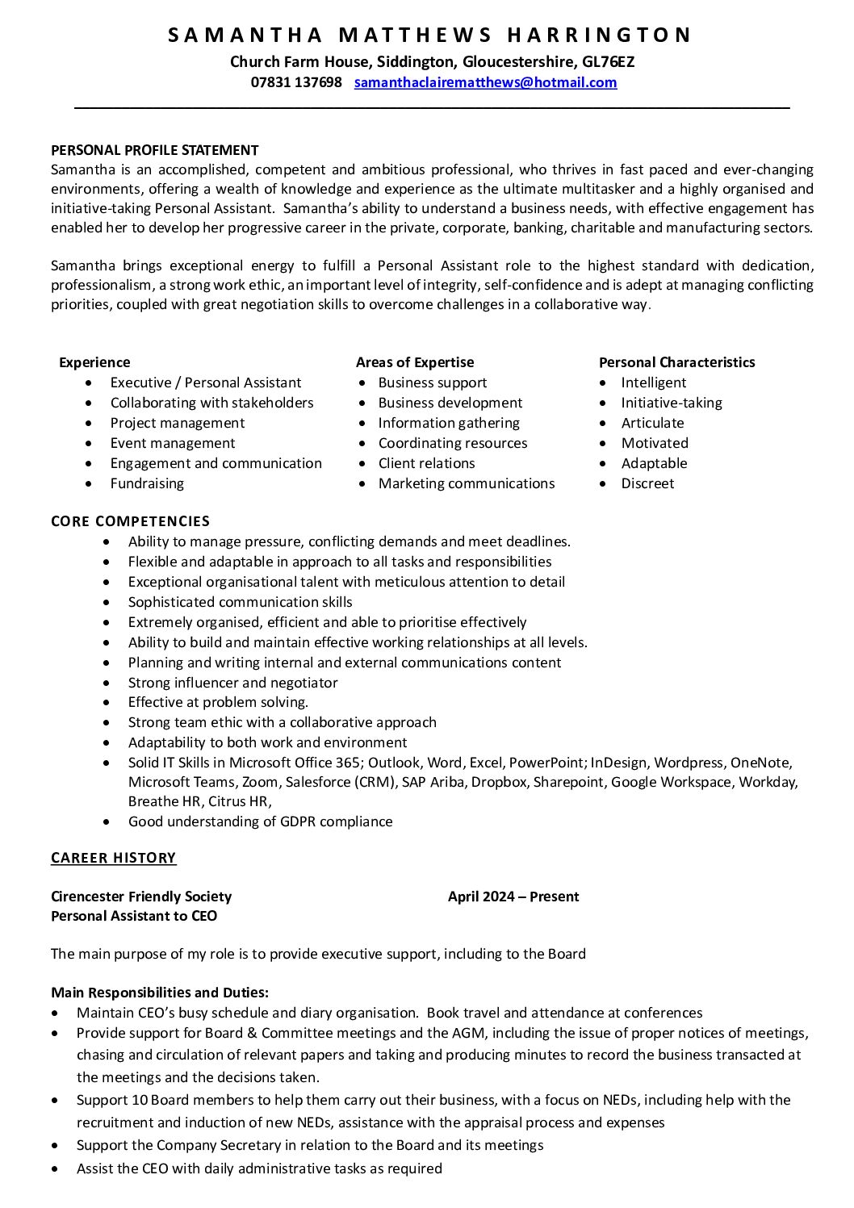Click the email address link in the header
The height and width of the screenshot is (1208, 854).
coord(485,82)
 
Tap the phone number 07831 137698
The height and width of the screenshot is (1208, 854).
coord(296,82)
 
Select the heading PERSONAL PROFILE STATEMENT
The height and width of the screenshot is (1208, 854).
coord(155,150)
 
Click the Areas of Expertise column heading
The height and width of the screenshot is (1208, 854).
coord(415,362)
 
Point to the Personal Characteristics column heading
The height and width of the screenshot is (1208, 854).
coord(676,362)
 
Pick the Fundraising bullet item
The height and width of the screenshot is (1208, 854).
coord(147,483)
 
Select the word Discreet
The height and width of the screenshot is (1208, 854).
coord(647,483)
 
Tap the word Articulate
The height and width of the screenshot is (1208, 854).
coord(652,423)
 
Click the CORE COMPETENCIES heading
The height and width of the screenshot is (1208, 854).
coord(130,521)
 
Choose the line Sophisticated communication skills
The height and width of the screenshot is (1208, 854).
coord(240,602)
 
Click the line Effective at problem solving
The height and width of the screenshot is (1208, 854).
coord(218,702)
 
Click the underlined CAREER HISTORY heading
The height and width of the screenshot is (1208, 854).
coord(113,858)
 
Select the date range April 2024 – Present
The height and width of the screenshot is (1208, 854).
coord(513,897)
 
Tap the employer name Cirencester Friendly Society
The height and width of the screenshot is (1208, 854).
coord(141,897)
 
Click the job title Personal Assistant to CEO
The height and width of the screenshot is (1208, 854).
coord(134,916)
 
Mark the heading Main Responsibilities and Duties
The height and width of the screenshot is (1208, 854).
coord(160,993)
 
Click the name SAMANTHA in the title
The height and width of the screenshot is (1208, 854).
coord(245,35)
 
